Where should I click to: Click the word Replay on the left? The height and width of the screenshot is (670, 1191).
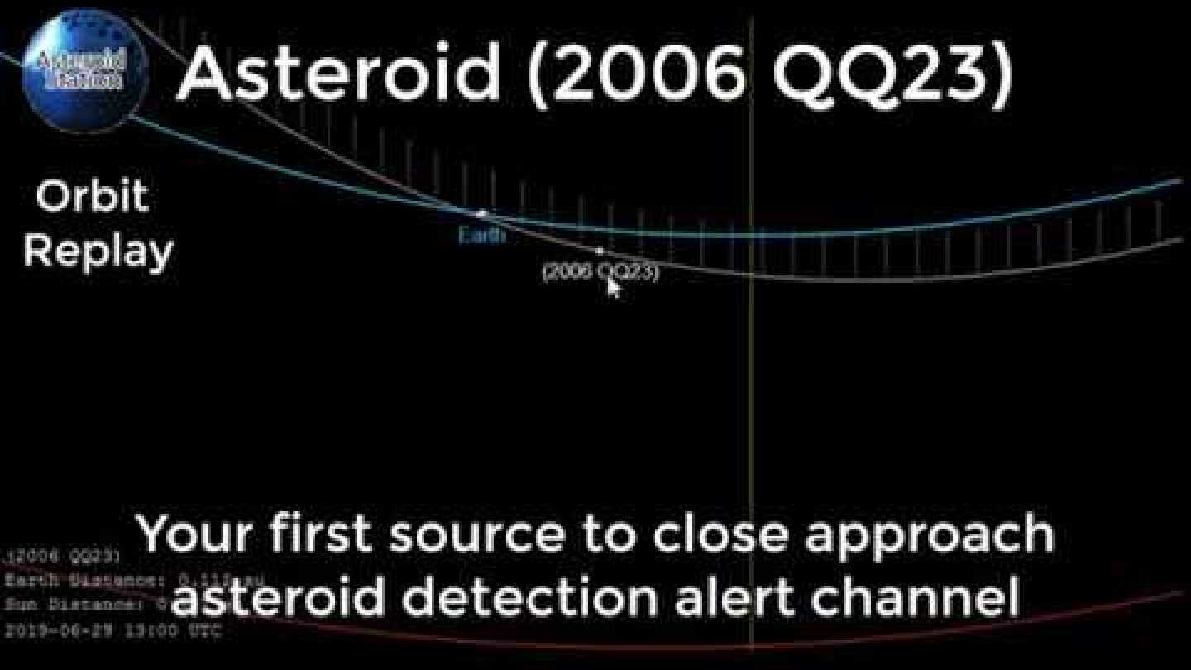(98, 251)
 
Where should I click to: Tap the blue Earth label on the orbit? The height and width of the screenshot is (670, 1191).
(481, 236)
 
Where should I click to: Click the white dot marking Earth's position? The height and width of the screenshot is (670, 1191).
(483, 213)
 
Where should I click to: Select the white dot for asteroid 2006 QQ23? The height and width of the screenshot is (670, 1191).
(600, 250)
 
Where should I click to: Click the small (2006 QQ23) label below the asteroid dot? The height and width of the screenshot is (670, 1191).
(600, 272)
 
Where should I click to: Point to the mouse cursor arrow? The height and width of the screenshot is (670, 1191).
(613, 287)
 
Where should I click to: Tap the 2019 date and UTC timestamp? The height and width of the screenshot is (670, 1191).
(112, 630)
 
